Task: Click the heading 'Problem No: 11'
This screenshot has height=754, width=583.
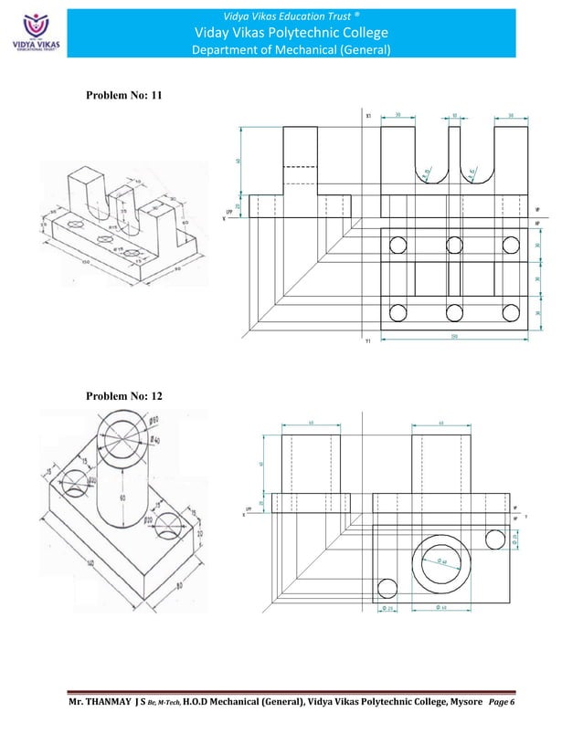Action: (x=123, y=96)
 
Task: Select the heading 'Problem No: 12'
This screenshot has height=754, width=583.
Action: (x=123, y=396)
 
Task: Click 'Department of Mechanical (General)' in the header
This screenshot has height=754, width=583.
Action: (x=291, y=49)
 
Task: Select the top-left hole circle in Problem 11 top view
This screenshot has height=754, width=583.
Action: (x=397, y=244)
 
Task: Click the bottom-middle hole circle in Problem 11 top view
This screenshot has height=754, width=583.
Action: (x=454, y=313)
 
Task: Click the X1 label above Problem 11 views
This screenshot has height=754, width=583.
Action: (x=367, y=116)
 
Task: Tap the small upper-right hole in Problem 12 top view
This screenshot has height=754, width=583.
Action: (x=495, y=539)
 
